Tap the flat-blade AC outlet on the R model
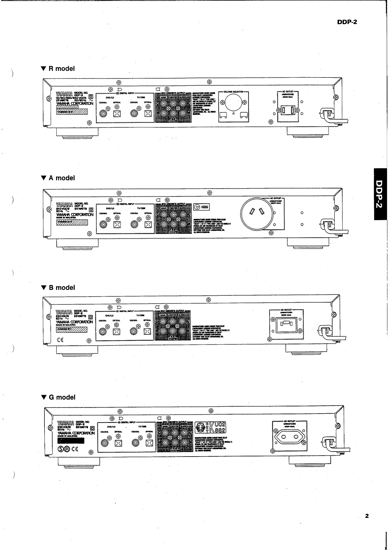tap(287, 110)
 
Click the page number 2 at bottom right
tap(367, 516)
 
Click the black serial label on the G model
tap(71, 440)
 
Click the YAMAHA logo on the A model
tap(64, 205)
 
